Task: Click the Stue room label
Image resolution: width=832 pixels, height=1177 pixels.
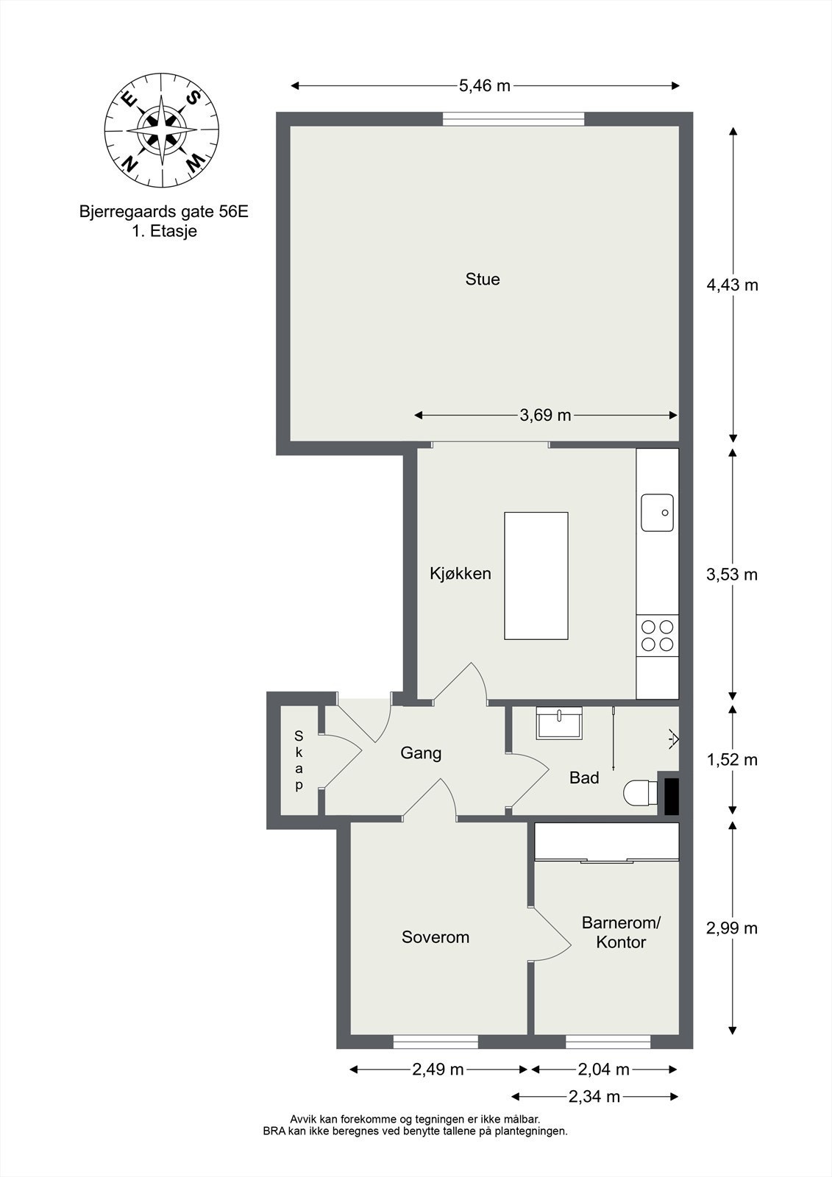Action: coord(483,279)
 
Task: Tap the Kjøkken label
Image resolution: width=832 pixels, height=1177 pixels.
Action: coord(461,573)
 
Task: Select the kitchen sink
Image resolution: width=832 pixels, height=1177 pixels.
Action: coord(657,512)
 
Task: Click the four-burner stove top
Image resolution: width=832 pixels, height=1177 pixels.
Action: coord(658,636)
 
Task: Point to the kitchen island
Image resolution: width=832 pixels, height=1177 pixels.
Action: coord(536,576)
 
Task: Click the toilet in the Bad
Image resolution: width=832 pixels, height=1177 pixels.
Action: coord(641,792)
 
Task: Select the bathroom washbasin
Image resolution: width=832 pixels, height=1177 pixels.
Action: coord(559,723)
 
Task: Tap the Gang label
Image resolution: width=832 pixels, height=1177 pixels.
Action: coord(421,753)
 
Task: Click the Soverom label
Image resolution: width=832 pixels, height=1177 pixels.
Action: coord(435,937)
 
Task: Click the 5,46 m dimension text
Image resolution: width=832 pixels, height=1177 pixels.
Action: coord(485,85)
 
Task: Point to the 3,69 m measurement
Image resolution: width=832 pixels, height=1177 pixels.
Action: coord(545,415)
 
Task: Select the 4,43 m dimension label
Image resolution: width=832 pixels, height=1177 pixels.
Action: coord(732,285)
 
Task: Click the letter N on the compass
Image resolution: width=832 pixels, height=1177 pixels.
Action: coord(129,164)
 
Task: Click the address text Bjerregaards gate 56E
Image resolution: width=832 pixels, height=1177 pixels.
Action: coord(164,211)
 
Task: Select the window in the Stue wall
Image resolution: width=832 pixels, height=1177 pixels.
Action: coord(513,119)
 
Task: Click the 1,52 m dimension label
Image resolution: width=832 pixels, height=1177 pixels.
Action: coord(732,759)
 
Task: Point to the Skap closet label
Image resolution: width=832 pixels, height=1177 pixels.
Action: coord(299,760)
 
